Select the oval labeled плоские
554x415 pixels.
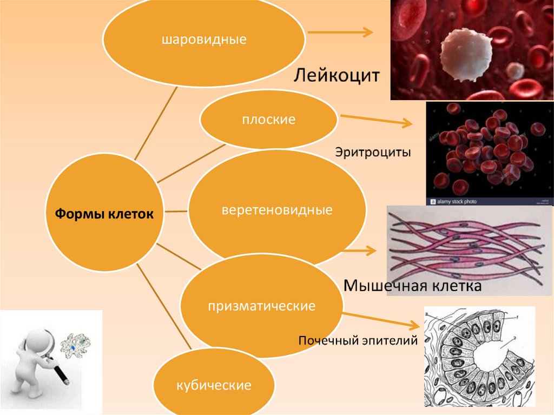pyautogui.click(x=268, y=120)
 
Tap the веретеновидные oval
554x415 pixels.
pyautogui.click(x=276, y=209)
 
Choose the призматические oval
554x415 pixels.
pyautogui.click(x=261, y=306)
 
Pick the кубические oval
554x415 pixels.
pyautogui.click(x=213, y=385)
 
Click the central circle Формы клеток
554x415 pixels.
pyautogui.click(x=104, y=214)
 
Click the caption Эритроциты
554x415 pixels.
pyautogui.click(x=373, y=153)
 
